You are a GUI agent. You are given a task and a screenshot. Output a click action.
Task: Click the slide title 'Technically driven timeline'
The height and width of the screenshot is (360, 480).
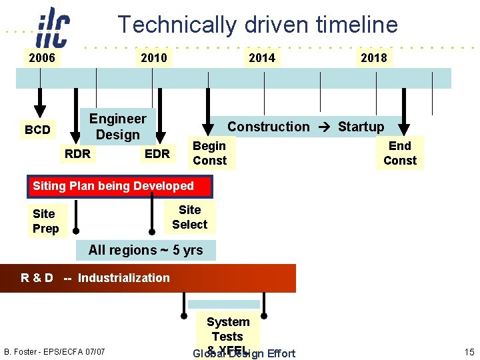[x=257, y=25]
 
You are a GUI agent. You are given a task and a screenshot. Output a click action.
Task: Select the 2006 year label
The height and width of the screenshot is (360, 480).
[x=41, y=58]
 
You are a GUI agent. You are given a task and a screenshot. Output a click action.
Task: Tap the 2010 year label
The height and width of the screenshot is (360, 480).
[x=154, y=58]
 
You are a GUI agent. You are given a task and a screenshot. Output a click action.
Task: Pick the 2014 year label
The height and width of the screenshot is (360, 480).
[x=261, y=58]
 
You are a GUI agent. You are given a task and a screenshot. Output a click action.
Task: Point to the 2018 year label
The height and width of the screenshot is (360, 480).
[x=373, y=58]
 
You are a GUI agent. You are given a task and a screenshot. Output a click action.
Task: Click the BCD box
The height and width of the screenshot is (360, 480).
[x=37, y=129]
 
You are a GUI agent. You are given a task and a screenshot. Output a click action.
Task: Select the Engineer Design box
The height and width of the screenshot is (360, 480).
[x=118, y=127]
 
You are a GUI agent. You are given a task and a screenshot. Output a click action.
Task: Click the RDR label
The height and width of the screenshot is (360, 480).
[x=77, y=154]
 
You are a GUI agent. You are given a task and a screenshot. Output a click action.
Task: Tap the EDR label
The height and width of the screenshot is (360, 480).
[x=157, y=154]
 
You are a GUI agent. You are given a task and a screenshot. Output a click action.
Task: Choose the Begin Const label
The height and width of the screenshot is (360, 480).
[x=209, y=153]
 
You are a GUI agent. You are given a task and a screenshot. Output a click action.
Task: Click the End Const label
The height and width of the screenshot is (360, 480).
[x=399, y=153]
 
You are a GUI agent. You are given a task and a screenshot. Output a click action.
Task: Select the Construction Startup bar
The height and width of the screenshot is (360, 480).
[x=305, y=126]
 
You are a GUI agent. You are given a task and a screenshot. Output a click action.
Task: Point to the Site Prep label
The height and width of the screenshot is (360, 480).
[x=45, y=221]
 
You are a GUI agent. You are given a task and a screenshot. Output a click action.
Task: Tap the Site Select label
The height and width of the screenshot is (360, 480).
[x=189, y=217]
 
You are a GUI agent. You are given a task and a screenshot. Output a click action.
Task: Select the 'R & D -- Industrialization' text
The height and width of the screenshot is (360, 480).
[x=95, y=278]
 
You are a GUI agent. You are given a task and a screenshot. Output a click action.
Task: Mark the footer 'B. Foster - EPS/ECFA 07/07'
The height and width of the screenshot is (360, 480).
[x=55, y=351]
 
